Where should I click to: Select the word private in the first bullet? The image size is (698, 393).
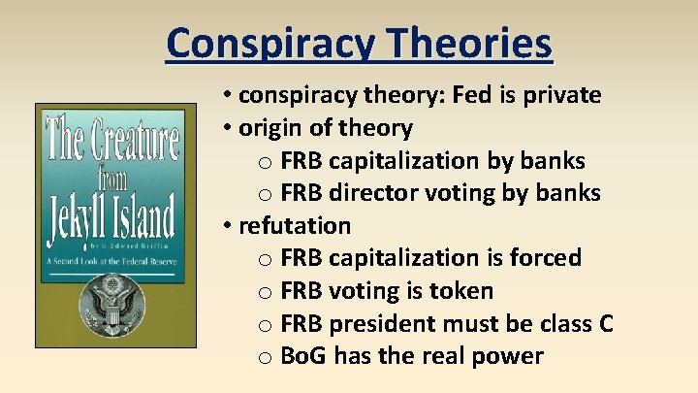565,95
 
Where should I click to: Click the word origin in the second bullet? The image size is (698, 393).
272,128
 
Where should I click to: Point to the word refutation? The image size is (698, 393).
295,226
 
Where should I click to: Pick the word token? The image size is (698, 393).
460,291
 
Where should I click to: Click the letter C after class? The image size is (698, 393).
606,324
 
